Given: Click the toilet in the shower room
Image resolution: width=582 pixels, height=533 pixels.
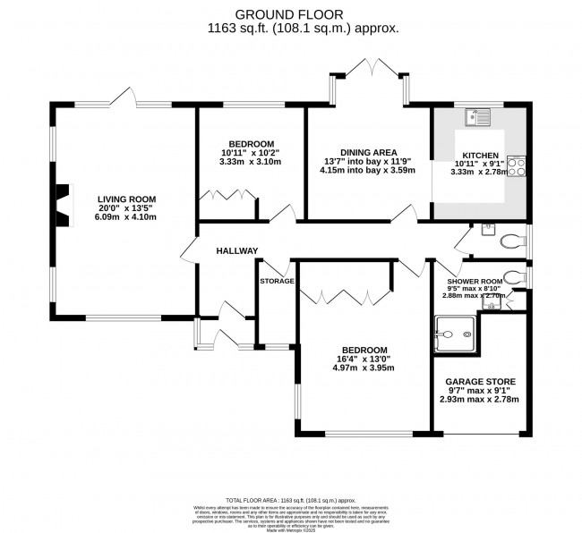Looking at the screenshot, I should coord(514,276).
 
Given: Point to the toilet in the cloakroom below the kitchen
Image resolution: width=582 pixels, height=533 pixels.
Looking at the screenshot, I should coord(510,240).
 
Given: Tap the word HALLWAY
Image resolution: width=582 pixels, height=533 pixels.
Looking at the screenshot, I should coord(236,250).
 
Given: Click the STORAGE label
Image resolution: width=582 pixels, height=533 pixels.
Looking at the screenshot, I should coord(277,282).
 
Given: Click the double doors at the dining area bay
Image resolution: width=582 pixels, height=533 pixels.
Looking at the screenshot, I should coord(369,70).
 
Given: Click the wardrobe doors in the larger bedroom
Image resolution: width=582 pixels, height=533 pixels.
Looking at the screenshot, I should coord(346,296).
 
